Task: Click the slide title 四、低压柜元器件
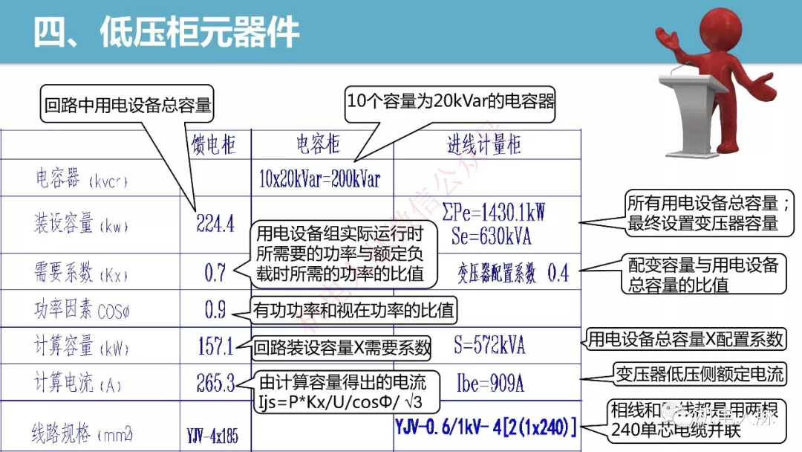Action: click(168, 33)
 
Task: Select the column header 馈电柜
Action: click(214, 144)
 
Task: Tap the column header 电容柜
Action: click(318, 144)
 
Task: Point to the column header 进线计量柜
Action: click(483, 144)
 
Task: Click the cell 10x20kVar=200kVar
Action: click(319, 179)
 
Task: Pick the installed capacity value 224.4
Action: click(215, 223)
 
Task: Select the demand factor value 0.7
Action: click(215, 273)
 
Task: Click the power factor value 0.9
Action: click(215, 310)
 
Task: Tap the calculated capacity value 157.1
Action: click(215, 346)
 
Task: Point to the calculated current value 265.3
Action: click(215, 383)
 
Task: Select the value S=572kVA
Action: click(489, 345)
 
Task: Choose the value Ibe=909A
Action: click(490, 384)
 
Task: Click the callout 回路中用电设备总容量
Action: click(128, 106)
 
